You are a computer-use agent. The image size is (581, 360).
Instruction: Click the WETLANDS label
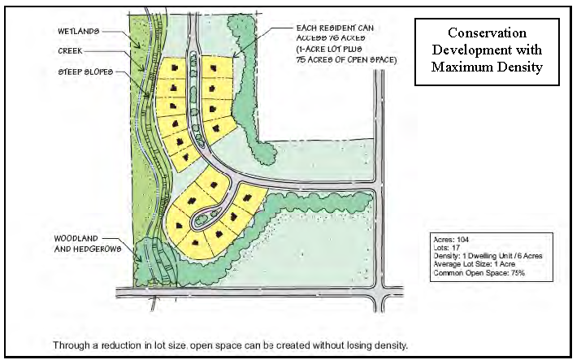click(x=78, y=31)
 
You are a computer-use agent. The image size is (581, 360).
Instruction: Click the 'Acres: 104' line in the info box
click(x=452, y=240)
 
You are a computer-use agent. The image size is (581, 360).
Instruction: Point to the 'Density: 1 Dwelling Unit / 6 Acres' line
click(x=488, y=256)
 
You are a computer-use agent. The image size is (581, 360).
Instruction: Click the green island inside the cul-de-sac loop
click(x=208, y=219)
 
